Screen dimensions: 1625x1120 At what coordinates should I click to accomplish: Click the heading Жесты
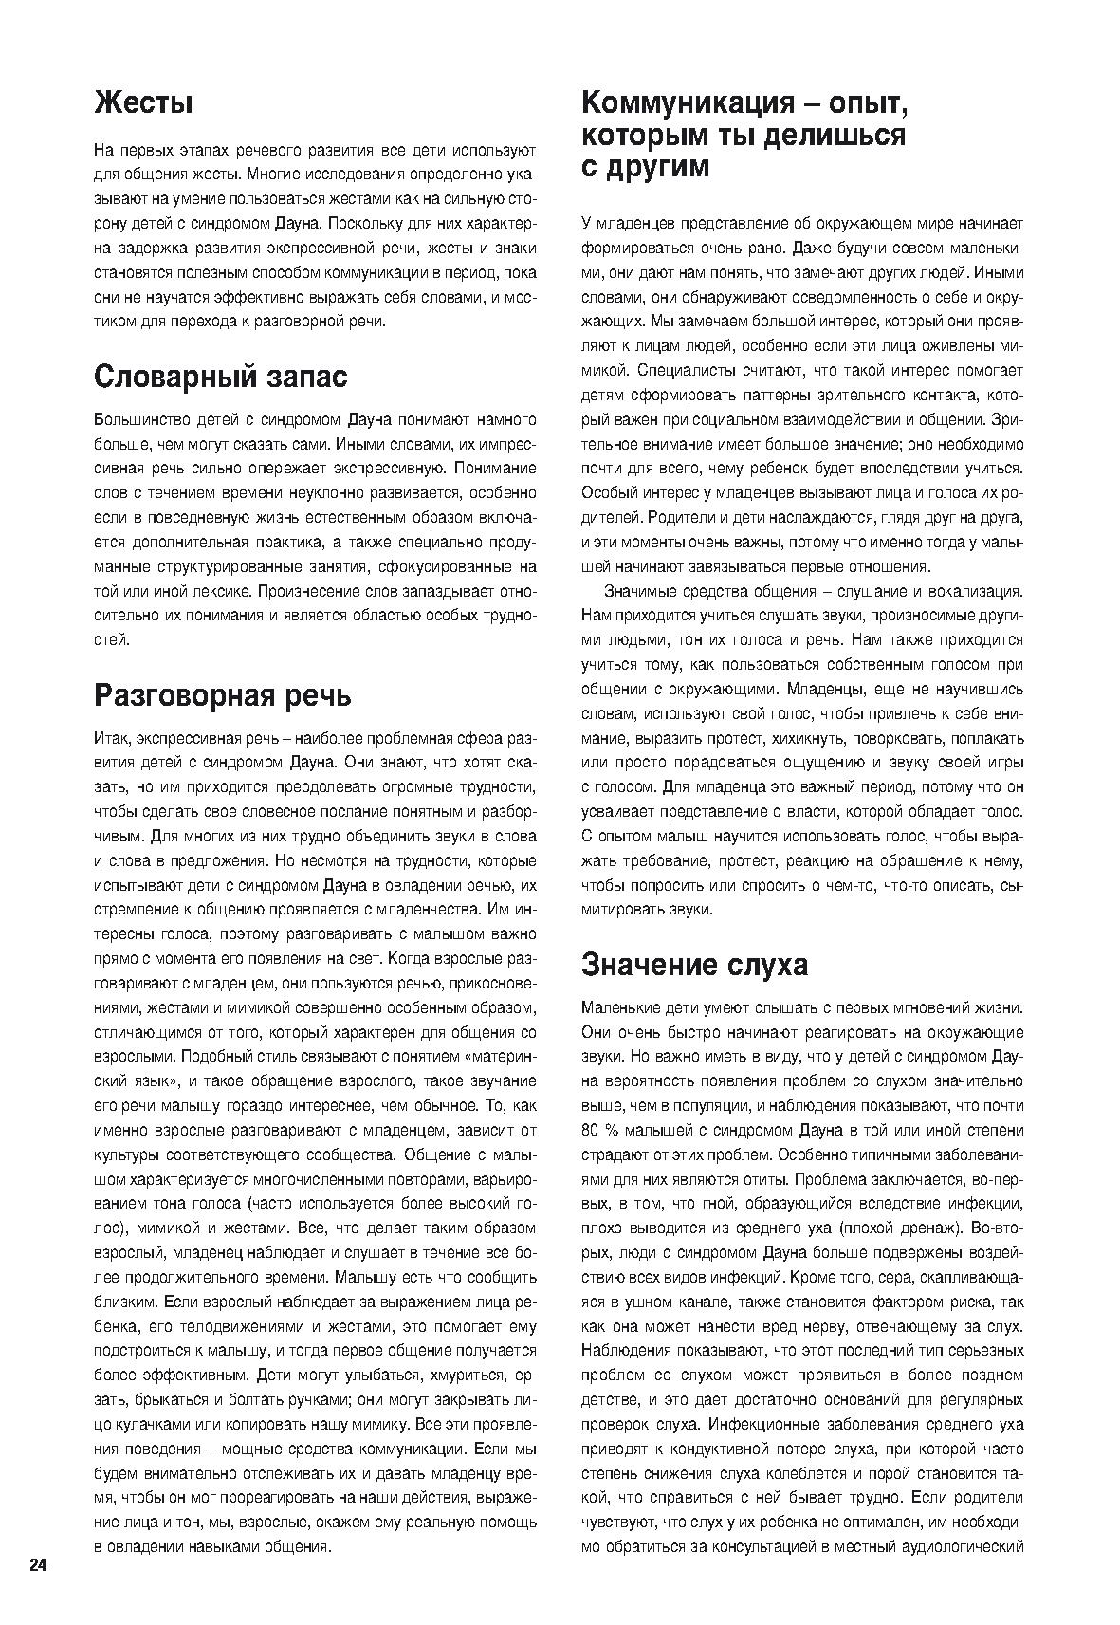pyautogui.click(x=143, y=103)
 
